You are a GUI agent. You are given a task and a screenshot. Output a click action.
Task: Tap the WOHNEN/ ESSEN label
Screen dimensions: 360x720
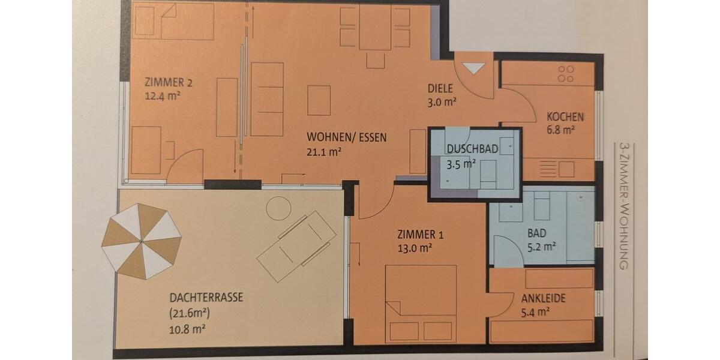pos(346,137)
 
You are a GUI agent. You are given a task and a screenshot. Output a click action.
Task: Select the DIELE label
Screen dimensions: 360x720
pos(440,88)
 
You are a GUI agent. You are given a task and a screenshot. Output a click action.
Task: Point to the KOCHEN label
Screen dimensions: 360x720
pos(565,117)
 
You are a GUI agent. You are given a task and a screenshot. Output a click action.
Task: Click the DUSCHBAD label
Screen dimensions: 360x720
pos(472,149)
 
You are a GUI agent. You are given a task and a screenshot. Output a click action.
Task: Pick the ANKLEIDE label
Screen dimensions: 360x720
pos(543,298)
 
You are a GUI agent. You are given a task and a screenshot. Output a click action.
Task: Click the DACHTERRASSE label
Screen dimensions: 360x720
pos(206,297)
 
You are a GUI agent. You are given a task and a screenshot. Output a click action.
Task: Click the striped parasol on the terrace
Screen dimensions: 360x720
pos(142,241)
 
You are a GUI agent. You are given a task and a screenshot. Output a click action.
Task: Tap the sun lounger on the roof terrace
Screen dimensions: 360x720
pos(296,246)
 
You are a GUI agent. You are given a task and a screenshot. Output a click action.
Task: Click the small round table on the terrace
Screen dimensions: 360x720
pos(278,208)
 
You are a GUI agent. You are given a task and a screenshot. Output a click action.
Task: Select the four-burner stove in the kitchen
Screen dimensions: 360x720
pos(566,74)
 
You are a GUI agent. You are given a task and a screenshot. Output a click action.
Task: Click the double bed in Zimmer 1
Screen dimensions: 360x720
pos(421,303)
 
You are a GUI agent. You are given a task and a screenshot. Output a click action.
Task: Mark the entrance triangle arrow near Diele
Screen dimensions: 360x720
pos(473,68)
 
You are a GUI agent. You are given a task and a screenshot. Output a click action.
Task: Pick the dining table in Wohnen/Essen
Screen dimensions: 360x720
pos(375,28)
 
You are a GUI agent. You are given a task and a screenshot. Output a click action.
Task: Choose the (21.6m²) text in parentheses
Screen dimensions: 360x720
pos(190,313)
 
